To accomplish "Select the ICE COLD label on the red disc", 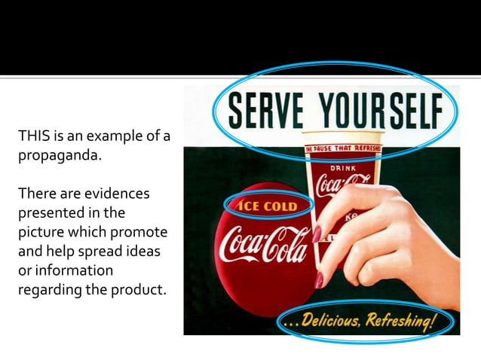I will [268, 206].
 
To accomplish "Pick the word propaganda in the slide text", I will [54, 160].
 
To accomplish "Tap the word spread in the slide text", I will [98, 250].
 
